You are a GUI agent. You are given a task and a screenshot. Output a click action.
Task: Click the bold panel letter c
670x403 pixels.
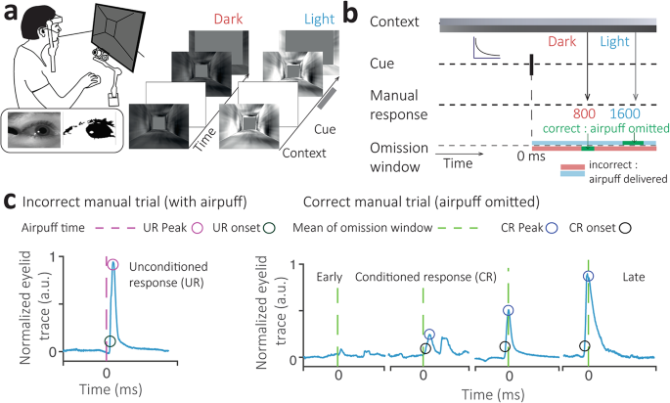[9, 203]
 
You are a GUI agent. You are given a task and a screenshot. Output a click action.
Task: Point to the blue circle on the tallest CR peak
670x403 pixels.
[589, 276]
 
